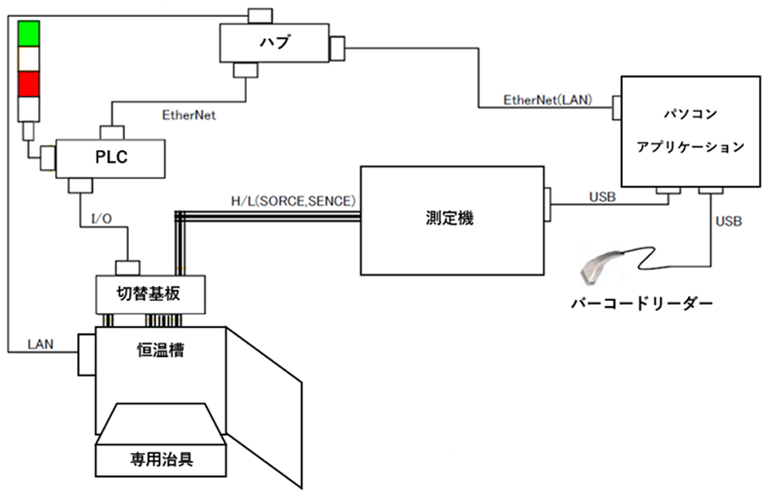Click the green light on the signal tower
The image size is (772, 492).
29,33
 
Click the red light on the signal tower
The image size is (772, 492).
29,83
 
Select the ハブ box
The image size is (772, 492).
273,42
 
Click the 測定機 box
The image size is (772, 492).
452,218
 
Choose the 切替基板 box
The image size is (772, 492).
149,294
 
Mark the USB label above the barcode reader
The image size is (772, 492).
728,222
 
